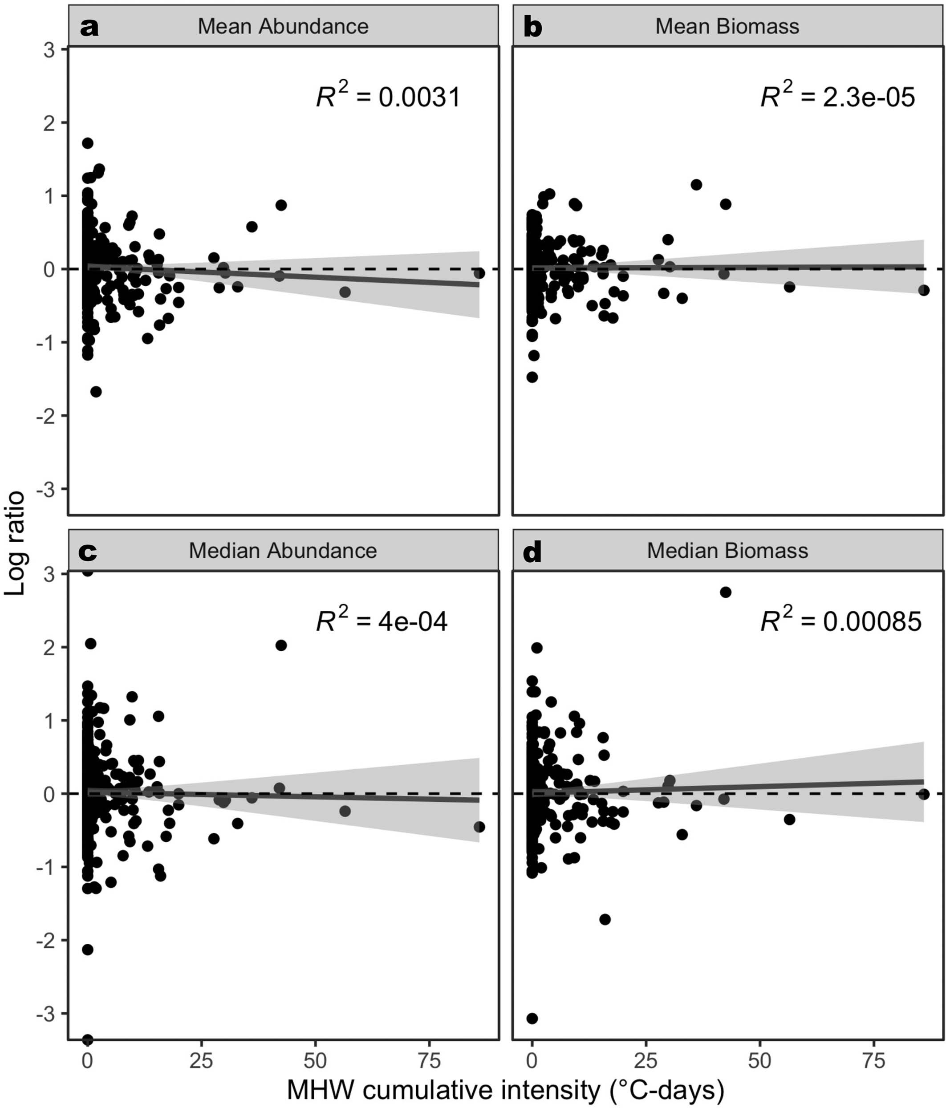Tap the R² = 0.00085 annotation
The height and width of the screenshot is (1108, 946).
tap(840, 621)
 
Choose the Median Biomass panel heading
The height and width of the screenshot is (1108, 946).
tap(727, 550)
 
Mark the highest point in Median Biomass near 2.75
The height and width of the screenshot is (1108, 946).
tap(725, 592)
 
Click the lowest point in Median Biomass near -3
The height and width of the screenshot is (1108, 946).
tap(532, 1018)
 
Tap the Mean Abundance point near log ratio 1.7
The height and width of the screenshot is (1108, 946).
tap(88, 143)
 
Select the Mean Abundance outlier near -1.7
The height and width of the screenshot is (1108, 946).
tap(96, 391)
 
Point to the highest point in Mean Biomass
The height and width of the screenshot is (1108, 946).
tap(696, 184)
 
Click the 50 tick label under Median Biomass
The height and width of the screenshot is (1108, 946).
tap(759, 1060)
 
